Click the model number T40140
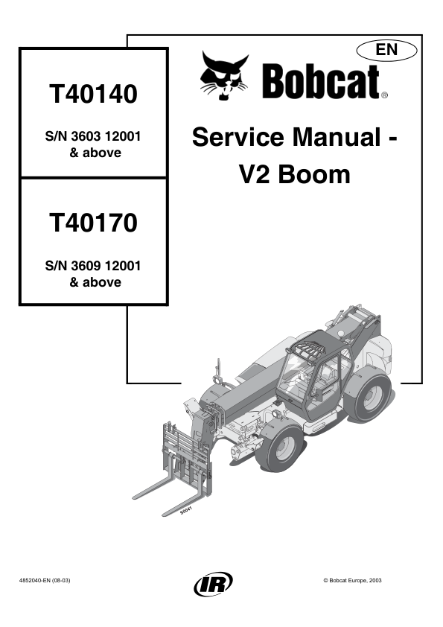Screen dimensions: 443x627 point(93,94)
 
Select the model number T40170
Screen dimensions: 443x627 point(93,223)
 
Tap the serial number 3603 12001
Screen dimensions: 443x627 point(106,136)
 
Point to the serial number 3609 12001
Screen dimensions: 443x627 point(106,266)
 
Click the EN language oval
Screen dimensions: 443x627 point(386,51)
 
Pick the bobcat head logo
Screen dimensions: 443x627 point(225,75)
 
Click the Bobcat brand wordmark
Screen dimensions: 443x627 point(321,82)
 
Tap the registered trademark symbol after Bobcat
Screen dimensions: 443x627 point(384,95)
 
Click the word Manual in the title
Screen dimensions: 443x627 point(337,137)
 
